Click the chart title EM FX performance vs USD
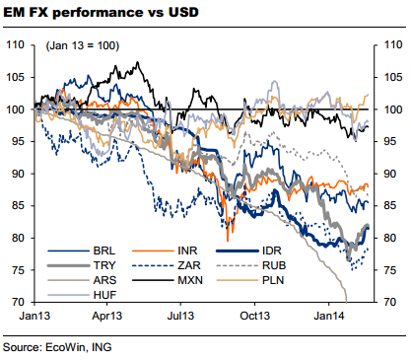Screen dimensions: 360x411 pyautogui.click(x=100, y=14)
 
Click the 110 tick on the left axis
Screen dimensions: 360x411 pyautogui.click(x=16, y=45)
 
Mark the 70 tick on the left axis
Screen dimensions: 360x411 pyautogui.click(x=19, y=302)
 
